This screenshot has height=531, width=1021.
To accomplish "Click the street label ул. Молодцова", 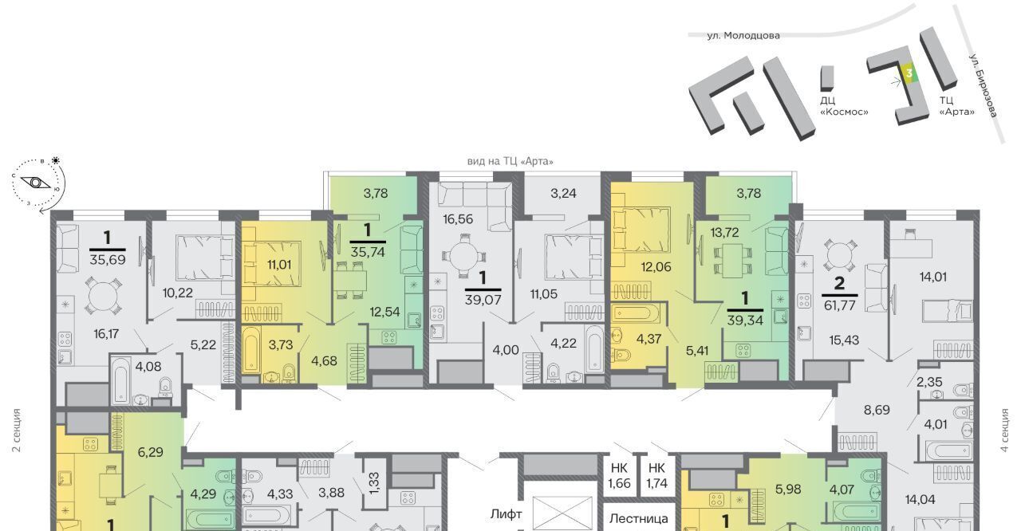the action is tap(743, 36).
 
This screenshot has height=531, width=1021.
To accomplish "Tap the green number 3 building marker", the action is tap(909, 73).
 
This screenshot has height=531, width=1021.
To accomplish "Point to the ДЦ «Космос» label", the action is tap(844, 106).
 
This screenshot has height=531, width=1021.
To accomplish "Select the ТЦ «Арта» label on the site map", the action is tap(956, 106).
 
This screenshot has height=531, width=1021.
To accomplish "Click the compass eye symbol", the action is tap(35, 183).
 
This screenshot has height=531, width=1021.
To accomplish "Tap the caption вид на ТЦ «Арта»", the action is tap(510, 161).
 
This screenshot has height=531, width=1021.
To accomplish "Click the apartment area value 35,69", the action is tap(108, 260).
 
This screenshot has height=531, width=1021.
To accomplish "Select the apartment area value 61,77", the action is tap(839, 305).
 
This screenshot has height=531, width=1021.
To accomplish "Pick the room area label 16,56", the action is tap(458, 219).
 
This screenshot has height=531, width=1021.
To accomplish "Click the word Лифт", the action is tap(506, 514).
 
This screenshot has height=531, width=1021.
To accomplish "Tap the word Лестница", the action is tap(639, 518).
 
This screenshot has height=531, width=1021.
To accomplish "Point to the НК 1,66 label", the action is tap(620, 475).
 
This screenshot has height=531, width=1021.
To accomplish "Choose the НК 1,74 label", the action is tap(656, 475).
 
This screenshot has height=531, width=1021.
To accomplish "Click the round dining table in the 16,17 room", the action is tap(104, 297).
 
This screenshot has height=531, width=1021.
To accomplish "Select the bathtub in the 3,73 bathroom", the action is tap(251, 348).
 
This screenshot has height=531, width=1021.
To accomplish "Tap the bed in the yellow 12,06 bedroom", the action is tap(641, 230).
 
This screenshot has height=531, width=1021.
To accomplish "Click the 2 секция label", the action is tap(17, 431).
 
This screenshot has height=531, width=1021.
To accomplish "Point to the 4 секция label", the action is tap(1004, 431).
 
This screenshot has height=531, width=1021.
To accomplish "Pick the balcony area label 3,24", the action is tap(563, 194).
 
